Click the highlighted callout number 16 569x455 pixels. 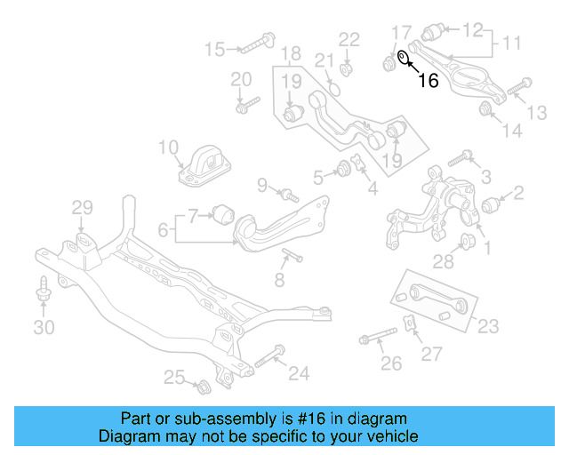coord(429,80)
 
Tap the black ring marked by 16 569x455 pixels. coord(403,59)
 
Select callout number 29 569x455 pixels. coord(82,209)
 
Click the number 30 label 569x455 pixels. coord(44,328)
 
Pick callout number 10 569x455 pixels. coord(169,147)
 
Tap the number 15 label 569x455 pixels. coord(215,48)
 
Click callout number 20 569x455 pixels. coord(242,80)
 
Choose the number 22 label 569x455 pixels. coord(349,39)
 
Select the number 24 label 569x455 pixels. coord(299,374)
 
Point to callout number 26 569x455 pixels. coord(391,363)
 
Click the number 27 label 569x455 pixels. coord(431,355)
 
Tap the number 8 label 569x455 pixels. coord(279,281)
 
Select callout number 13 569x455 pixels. coord(538,112)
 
